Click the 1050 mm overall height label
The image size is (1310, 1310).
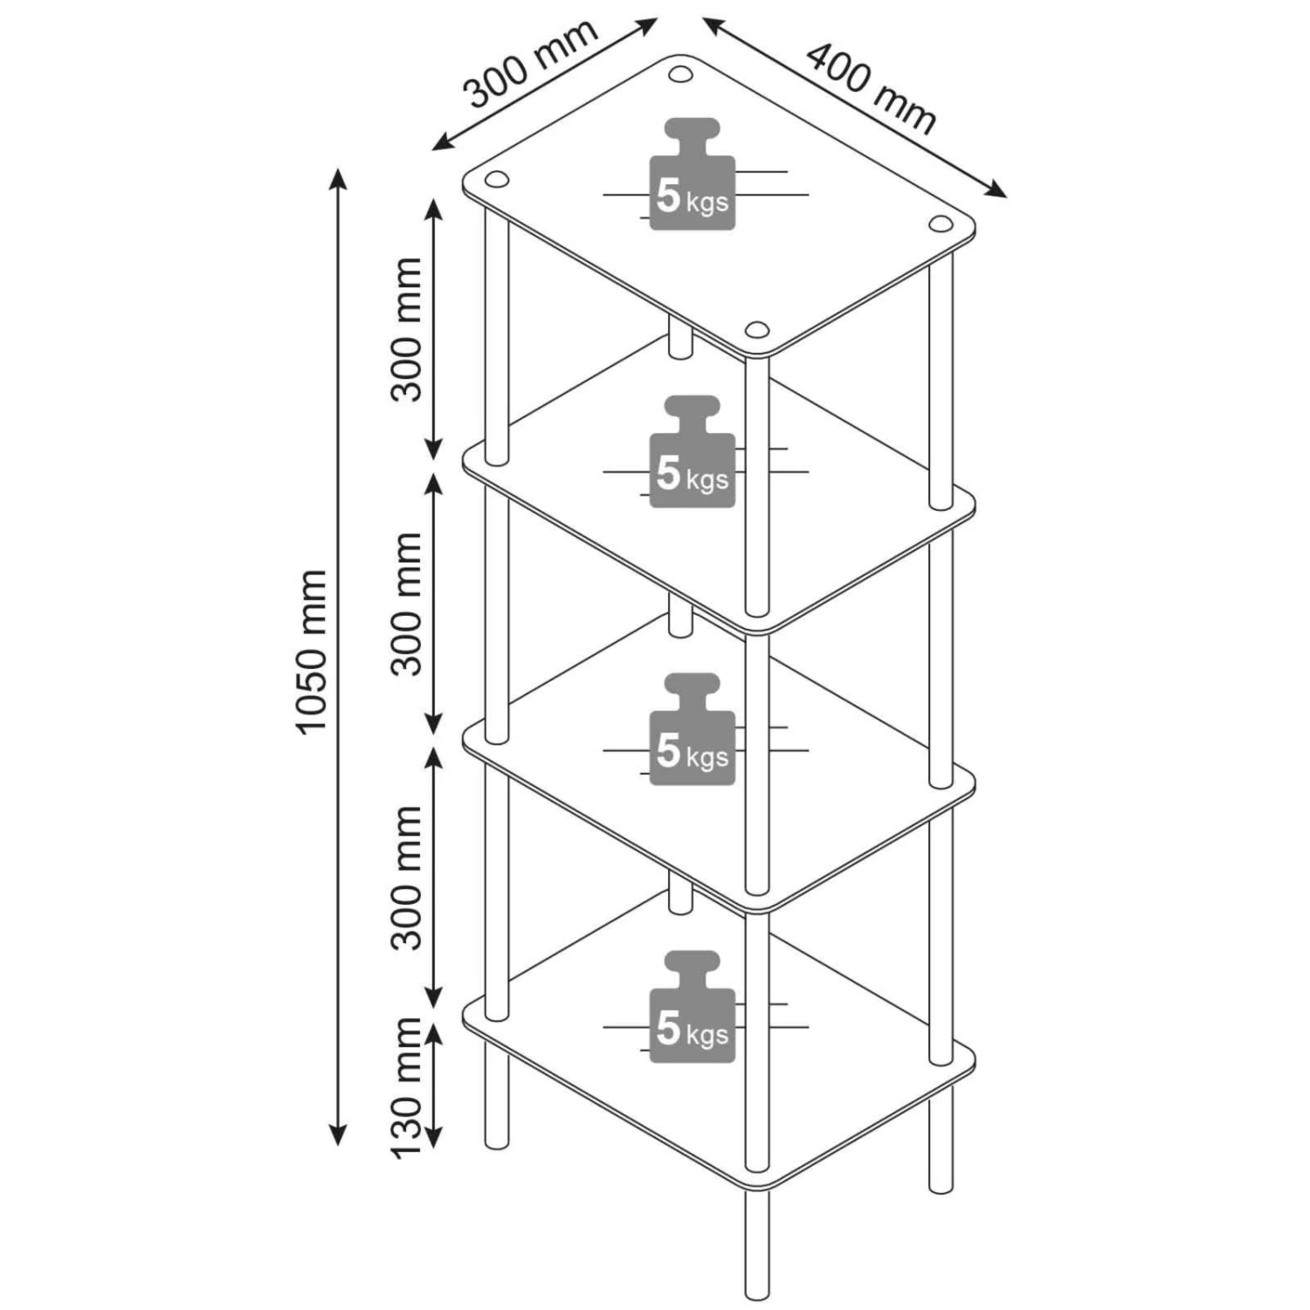(312, 651)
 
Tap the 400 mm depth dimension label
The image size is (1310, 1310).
(870, 87)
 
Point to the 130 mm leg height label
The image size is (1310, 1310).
(407, 1087)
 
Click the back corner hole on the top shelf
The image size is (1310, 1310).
(680, 73)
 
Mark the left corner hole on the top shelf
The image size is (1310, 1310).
(496, 180)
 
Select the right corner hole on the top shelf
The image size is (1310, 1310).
(940, 224)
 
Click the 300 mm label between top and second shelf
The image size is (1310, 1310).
(407, 329)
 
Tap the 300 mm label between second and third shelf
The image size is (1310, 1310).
(407, 604)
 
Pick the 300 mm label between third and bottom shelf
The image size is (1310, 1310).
(407, 878)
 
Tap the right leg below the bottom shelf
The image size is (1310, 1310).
(941, 1140)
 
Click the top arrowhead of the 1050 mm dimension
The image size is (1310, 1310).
(338, 176)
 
